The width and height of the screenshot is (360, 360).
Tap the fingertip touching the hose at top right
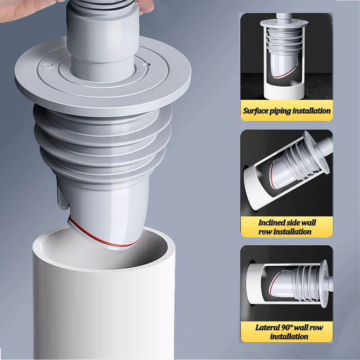coord(145,5)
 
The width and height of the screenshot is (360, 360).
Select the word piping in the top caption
coord(288,110)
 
